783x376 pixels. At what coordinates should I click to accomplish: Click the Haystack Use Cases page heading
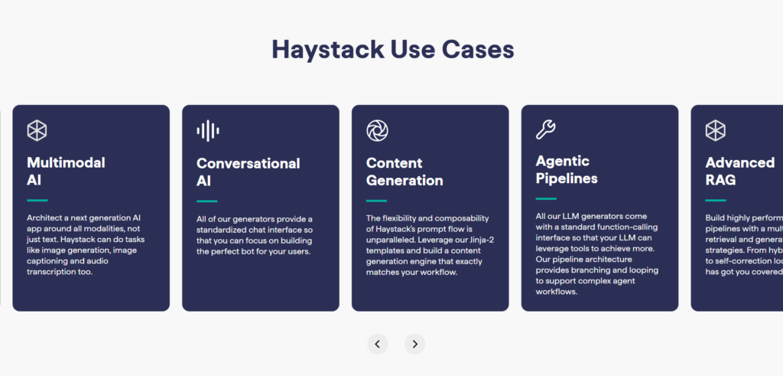(392, 50)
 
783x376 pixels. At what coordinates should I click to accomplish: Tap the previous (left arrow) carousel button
(377, 344)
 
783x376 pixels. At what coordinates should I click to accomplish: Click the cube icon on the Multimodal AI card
(37, 130)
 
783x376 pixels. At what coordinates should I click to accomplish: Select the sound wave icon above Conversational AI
(207, 130)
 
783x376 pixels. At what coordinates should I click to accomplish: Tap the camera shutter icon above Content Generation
(377, 130)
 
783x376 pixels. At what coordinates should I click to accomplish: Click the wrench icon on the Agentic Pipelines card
(546, 129)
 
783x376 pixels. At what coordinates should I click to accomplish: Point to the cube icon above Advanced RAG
(715, 130)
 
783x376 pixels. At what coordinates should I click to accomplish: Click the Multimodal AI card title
(66, 172)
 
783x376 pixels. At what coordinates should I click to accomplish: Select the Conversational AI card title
(248, 172)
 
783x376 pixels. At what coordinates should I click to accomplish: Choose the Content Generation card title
(404, 172)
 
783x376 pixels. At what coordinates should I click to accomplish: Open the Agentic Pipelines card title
(567, 170)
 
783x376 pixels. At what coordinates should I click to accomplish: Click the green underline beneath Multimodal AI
(37, 200)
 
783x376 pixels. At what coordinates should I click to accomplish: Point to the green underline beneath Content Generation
(376, 201)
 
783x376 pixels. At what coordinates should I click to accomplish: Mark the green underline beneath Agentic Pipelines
(546, 198)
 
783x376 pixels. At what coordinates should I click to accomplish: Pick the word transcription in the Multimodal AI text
(53, 272)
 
